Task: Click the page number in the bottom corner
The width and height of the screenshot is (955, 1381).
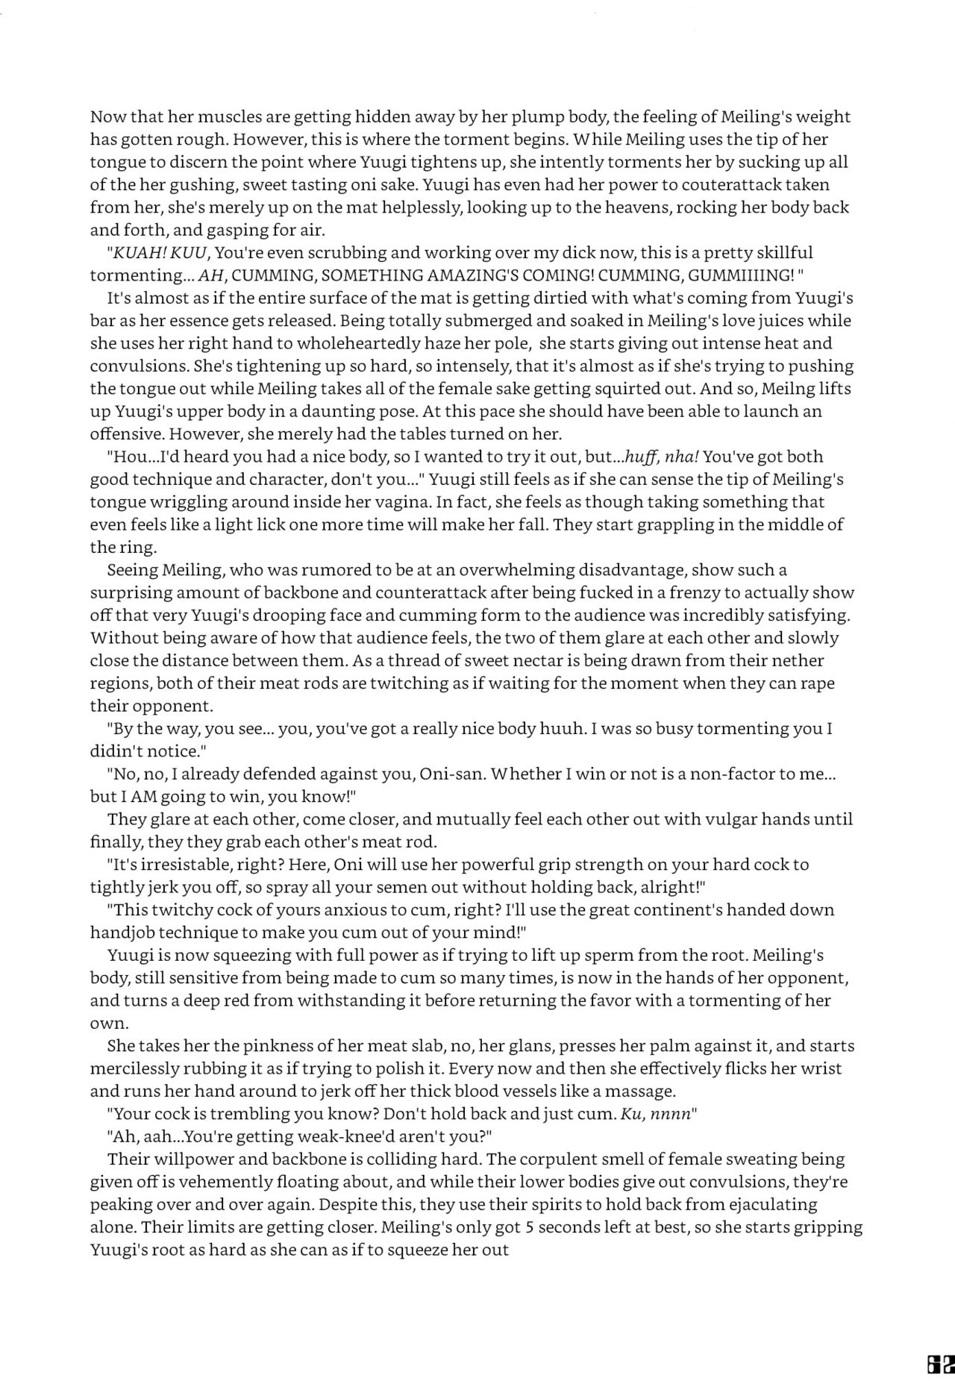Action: tap(938, 1363)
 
